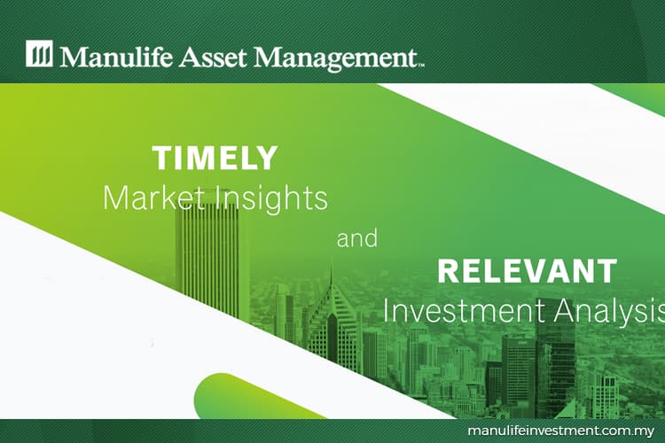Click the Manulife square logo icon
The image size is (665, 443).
click(x=39, y=53)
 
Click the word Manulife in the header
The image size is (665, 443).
click(x=116, y=57)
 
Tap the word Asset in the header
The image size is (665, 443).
click(x=212, y=57)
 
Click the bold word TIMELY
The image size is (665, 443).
click(x=215, y=158)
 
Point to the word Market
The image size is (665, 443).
click(x=156, y=198)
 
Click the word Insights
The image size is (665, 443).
click(x=272, y=198)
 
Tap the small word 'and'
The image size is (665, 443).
click(x=356, y=238)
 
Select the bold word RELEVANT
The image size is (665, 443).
click(x=527, y=271)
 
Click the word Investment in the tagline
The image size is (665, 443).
click(x=463, y=311)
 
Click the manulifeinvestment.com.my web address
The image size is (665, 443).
click(x=561, y=431)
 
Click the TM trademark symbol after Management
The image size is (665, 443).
click(x=421, y=66)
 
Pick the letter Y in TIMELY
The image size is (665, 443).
click(x=265, y=158)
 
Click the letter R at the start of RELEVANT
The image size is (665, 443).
click(x=448, y=271)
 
